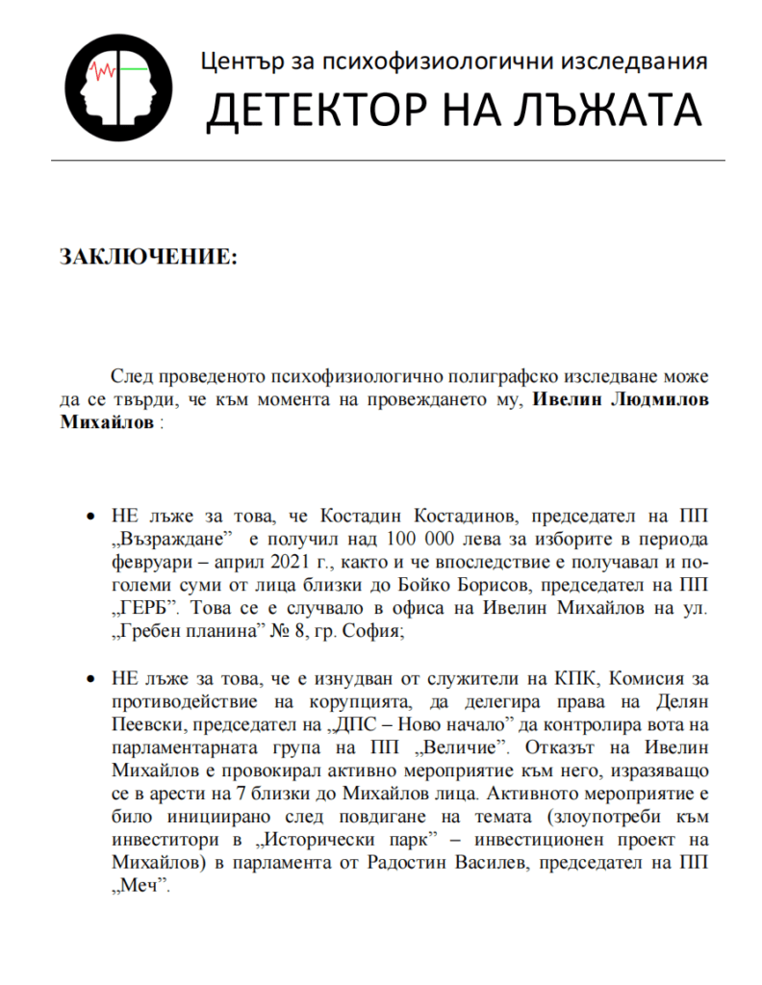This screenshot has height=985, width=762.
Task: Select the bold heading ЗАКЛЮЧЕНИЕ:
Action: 147,258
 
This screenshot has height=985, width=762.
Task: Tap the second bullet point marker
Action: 91,679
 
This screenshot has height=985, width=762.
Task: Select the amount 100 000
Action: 421,536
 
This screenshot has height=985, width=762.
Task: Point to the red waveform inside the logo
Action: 103,70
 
